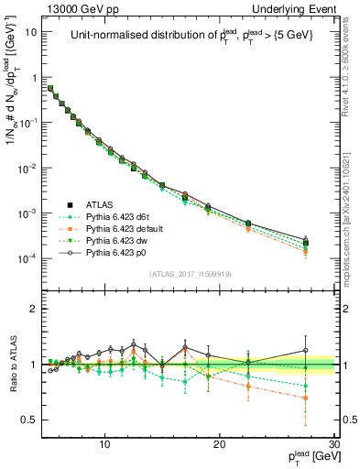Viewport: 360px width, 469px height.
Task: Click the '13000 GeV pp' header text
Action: click(73, 8)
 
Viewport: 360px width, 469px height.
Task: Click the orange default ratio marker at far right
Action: click(306, 398)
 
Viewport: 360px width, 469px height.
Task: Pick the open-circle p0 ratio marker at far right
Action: click(306, 350)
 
